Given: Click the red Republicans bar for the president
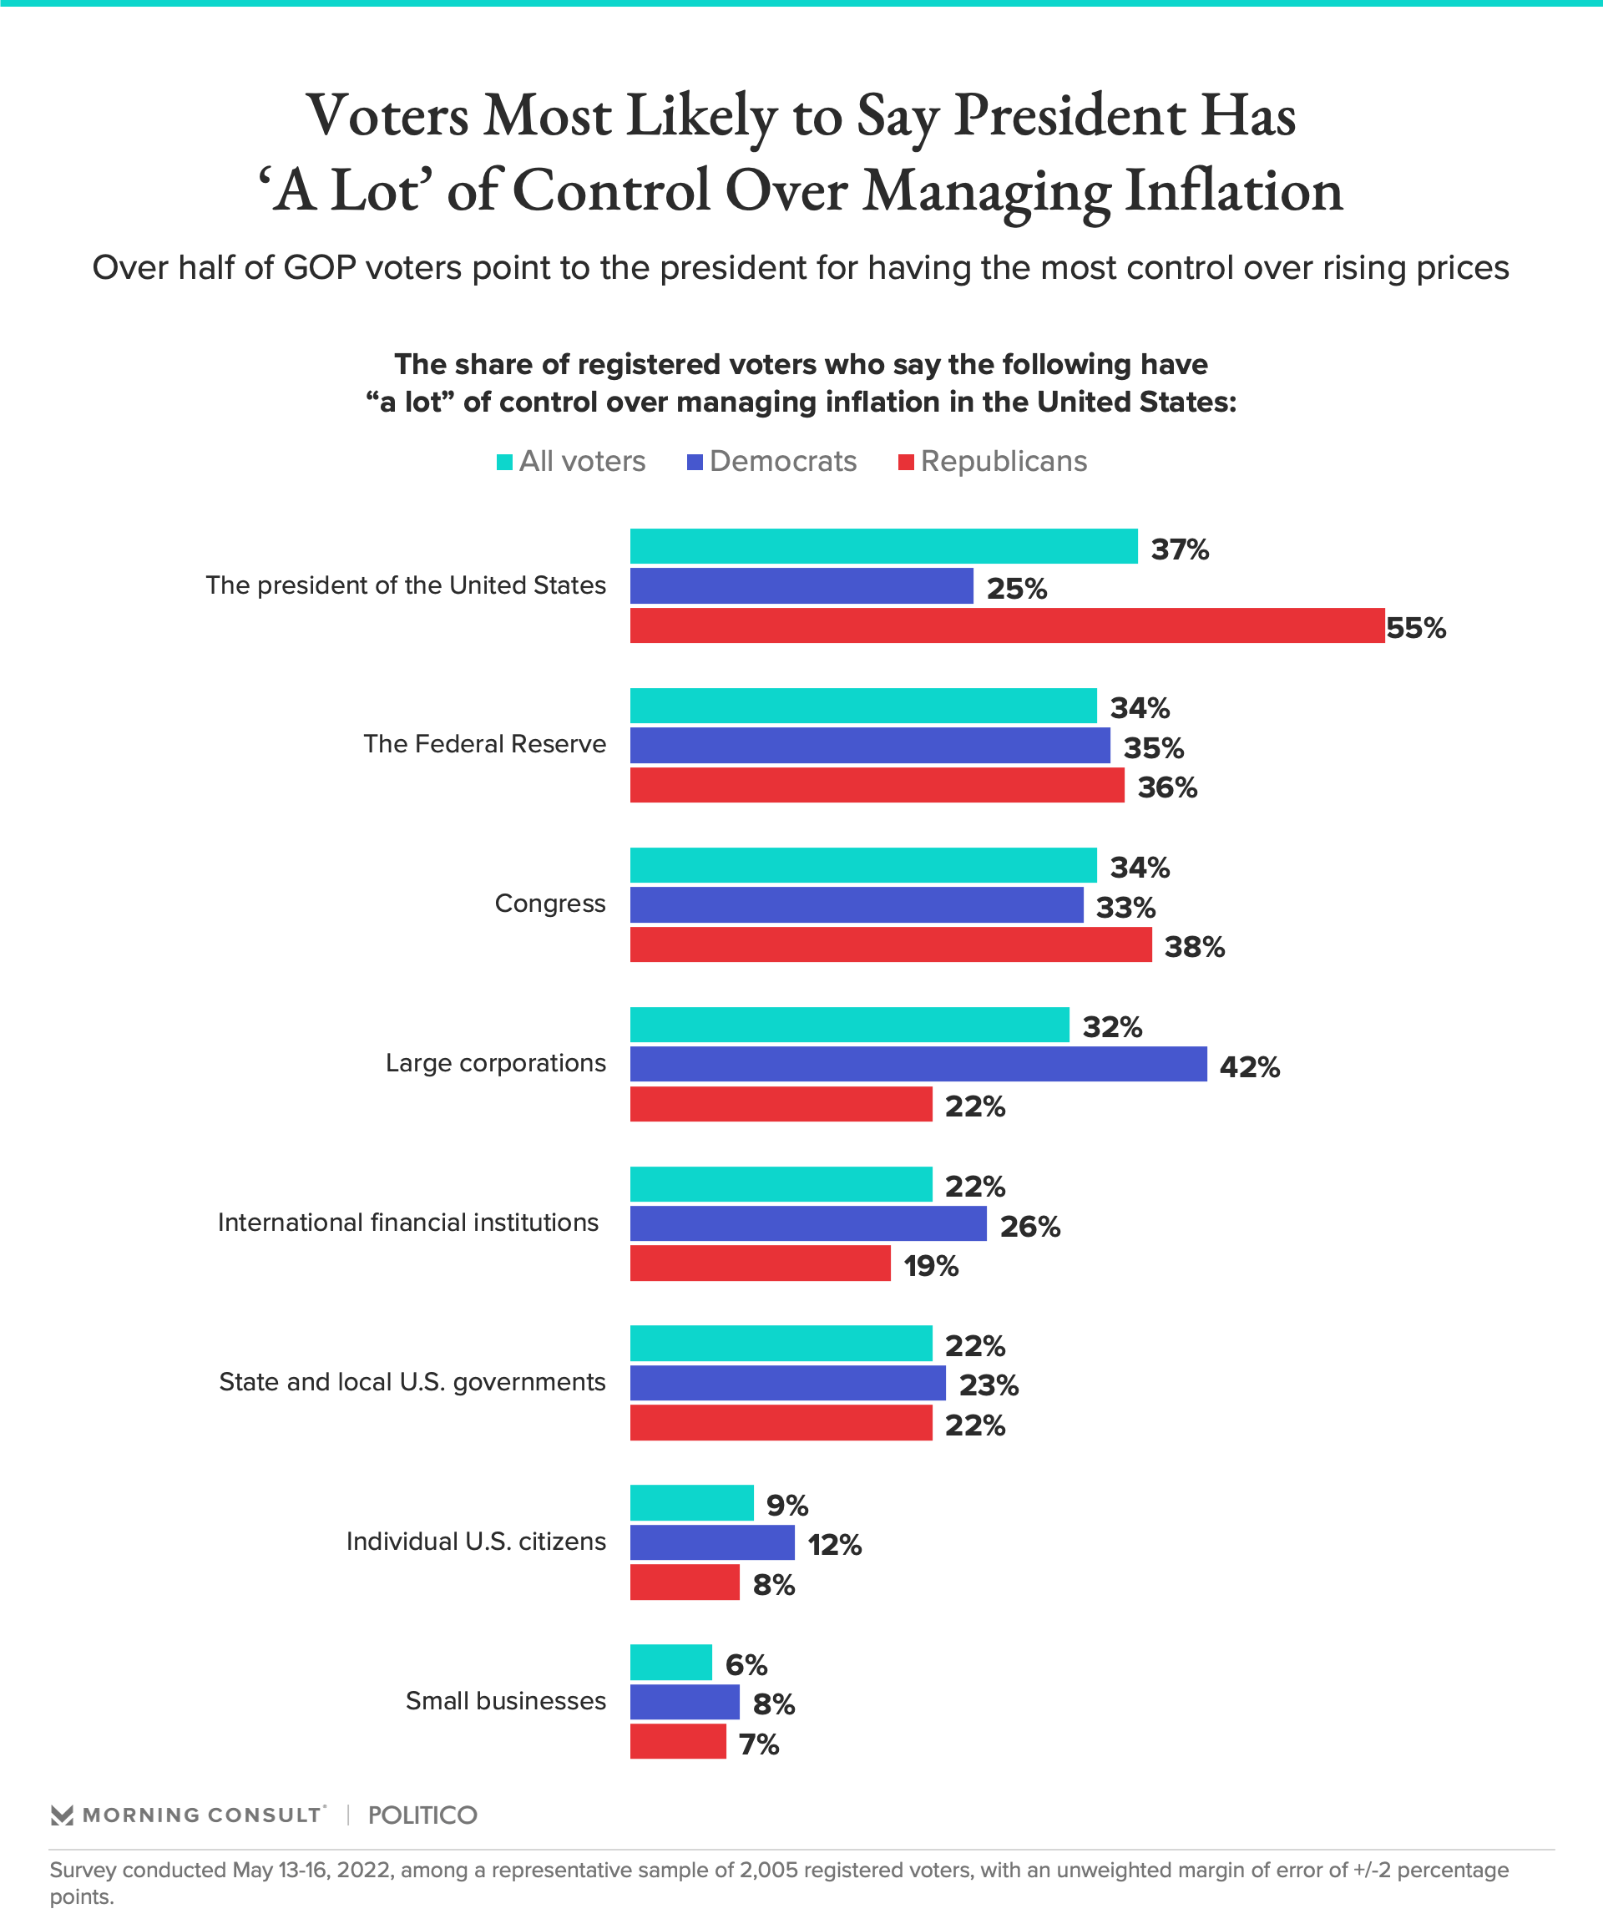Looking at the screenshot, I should tap(1007, 625).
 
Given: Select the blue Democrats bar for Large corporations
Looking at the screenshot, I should tap(918, 1064).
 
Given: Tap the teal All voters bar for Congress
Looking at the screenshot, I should tap(863, 865).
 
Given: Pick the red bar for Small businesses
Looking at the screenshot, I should tap(678, 1741).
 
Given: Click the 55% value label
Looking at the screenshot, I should tap(1415, 629).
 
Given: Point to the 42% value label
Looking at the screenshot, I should tap(1250, 1066).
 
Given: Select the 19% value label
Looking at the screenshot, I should tap(931, 1266).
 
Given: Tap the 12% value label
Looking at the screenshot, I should tap(834, 1545).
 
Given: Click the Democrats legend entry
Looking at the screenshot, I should tap(771, 461).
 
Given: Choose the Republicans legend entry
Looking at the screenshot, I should tap(993, 461).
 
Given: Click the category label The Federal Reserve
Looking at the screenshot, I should tap(484, 744).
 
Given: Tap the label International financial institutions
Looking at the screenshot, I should tap(407, 1223).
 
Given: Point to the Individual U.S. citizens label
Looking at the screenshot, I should tap(475, 1541).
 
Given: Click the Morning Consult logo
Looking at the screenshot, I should tap(188, 1815).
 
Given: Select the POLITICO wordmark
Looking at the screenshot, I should tap(422, 1815).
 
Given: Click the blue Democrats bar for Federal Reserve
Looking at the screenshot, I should tap(869, 746).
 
